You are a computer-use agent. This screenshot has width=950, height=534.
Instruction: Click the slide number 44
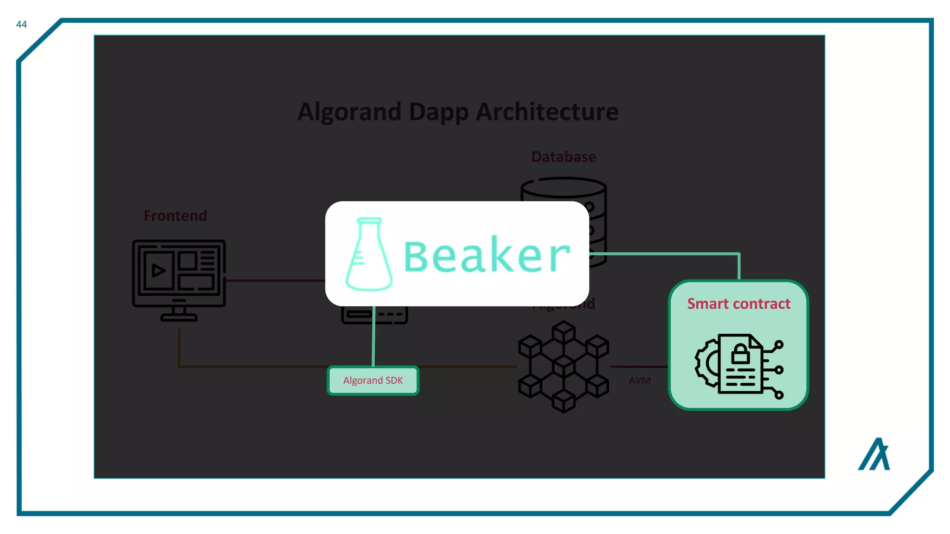pyautogui.click(x=21, y=25)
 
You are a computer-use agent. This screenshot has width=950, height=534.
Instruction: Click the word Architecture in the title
pyautogui.click(x=547, y=112)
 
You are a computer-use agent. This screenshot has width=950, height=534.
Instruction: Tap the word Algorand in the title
pyautogui.click(x=349, y=112)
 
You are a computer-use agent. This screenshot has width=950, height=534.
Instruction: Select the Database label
pyautogui.click(x=563, y=157)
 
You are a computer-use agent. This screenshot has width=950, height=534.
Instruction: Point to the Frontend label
pyautogui.click(x=175, y=216)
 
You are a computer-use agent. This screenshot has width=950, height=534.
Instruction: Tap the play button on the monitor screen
pyautogui.click(x=158, y=271)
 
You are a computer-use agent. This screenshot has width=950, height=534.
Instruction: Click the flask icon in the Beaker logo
pyautogui.click(x=369, y=255)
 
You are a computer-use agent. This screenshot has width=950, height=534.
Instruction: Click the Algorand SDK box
pyautogui.click(x=373, y=381)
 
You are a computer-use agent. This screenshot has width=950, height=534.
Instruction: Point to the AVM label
pyautogui.click(x=639, y=381)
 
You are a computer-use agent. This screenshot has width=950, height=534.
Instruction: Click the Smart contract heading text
pyautogui.click(x=738, y=304)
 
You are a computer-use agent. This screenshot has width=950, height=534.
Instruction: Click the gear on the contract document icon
pyautogui.click(x=706, y=363)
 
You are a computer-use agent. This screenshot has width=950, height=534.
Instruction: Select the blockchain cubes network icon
pyautogui.click(x=563, y=367)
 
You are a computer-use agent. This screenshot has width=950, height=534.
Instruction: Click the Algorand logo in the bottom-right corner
pyautogui.click(x=874, y=455)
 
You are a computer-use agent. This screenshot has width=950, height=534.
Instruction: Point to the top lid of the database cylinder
pyautogui.click(x=563, y=187)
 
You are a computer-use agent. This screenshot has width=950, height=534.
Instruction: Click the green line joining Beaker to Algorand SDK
pyautogui.click(x=373, y=336)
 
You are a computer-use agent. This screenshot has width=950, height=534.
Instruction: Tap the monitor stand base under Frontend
pyautogui.click(x=179, y=318)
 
